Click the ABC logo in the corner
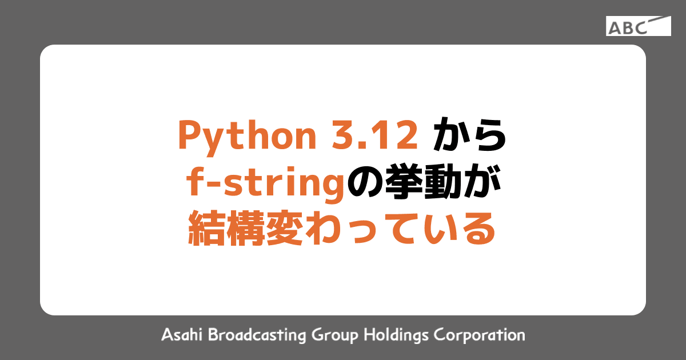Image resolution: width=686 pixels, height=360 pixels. (x=639, y=26)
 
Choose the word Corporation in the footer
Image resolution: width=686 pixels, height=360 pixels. (x=480, y=335)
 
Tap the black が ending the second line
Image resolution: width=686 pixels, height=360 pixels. (x=481, y=183)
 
